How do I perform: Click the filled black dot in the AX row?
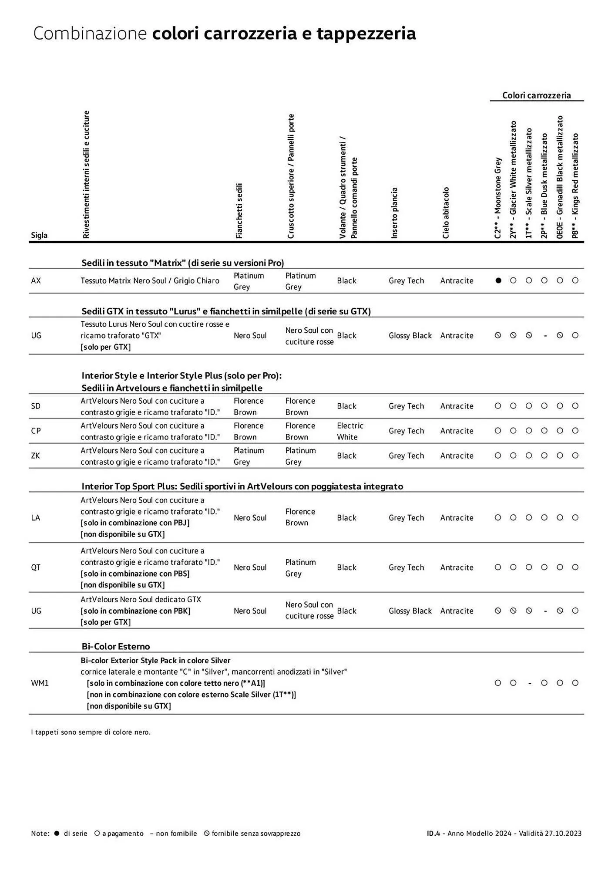[498, 280]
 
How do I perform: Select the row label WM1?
[40, 683]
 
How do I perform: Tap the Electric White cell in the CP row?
[350, 431]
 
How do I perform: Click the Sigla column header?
[39, 235]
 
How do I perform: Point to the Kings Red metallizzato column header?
[575, 186]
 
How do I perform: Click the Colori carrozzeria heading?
[536, 95]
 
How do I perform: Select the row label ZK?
[36, 456]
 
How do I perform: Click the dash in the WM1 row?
[529, 683]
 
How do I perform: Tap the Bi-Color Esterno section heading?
[115, 646]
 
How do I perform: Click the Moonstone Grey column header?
[498, 198]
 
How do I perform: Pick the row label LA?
[36, 517]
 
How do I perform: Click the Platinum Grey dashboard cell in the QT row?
[300, 567]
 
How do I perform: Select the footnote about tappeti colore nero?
[91, 732]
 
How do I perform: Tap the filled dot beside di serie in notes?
[57, 833]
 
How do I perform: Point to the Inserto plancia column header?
[394, 213]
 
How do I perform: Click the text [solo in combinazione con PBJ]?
[135, 523]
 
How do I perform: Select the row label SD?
[36, 406]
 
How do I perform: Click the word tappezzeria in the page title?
[366, 33]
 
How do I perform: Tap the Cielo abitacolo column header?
[446, 213]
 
